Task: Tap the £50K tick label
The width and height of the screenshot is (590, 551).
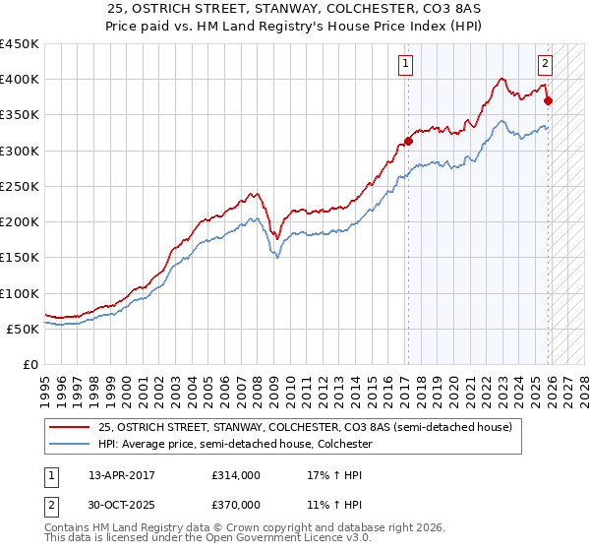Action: click(x=23, y=329)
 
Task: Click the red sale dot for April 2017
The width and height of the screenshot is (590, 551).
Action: click(x=409, y=141)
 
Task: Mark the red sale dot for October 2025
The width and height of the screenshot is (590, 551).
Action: click(x=548, y=100)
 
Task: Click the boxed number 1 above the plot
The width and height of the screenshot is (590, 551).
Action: click(x=405, y=65)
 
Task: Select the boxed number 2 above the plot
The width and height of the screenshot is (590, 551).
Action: click(x=545, y=65)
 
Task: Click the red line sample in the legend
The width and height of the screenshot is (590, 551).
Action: click(x=68, y=428)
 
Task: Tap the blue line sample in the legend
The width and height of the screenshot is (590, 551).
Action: click(x=68, y=444)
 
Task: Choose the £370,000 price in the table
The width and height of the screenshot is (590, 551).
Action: click(x=236, y=505)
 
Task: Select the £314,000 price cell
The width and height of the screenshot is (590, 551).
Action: click(x=236, y=474)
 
